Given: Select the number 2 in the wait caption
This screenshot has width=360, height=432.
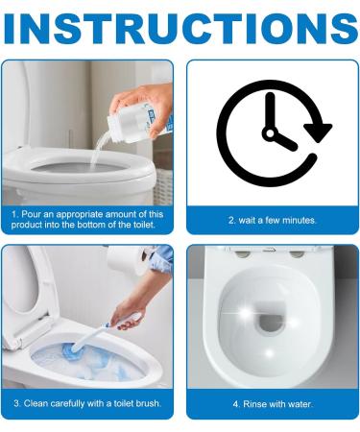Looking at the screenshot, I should [231, 220].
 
